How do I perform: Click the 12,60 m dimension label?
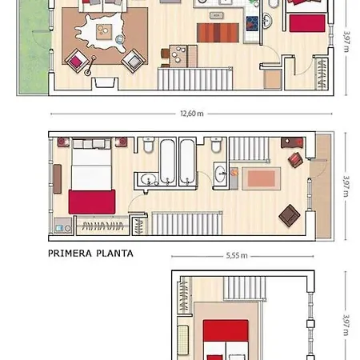tap(192, 114)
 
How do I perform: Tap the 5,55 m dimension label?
tap(237, 255)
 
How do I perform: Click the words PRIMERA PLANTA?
tap(90, 254)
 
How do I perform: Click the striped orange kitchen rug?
tap(218, 33)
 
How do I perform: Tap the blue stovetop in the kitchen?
tap(252, 24)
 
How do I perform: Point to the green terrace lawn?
tap(34, 48)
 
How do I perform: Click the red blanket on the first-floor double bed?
tap(92, 202)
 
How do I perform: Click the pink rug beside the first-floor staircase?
tap(262, 178)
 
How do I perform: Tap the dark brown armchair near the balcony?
tap(290, 215)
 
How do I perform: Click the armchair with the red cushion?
tap(77, 61)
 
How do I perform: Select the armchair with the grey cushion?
tap(134, 61)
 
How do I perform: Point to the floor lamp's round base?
tap(87, 72)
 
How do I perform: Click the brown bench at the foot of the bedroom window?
tap(58, 178)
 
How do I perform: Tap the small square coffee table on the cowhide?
tap(104, 31)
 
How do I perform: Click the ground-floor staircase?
tap(195, 78)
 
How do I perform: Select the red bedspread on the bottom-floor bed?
tap(226, 331)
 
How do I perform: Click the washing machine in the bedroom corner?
tap(63, 226)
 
